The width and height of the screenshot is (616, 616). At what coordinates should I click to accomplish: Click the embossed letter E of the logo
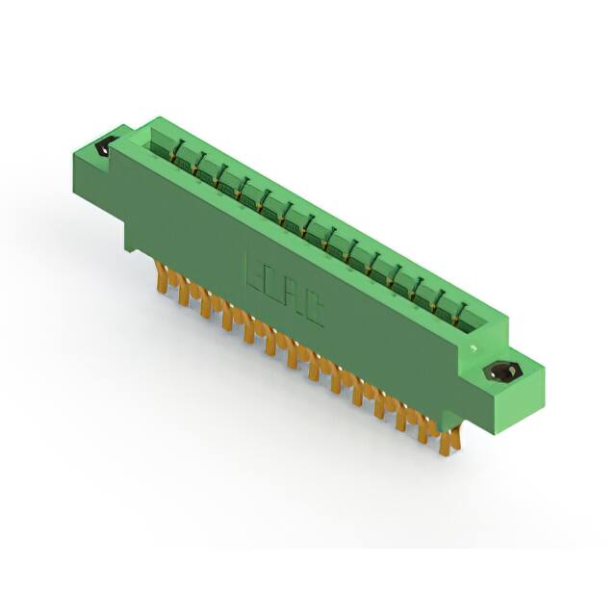(257, 271)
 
